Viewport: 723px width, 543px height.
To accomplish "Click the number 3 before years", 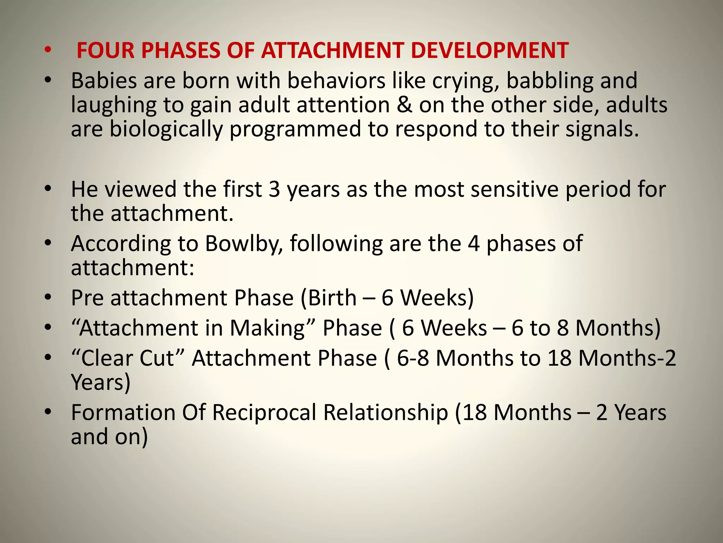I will click(274, 189).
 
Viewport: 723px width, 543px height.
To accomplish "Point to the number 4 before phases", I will click(474, 244).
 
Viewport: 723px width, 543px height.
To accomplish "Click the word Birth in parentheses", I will click(332, 298).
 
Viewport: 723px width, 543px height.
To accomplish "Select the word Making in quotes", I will click(267, 328).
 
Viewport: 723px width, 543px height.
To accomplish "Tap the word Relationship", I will click(386, 413).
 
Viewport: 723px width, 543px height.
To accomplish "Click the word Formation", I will click(123, 413).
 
